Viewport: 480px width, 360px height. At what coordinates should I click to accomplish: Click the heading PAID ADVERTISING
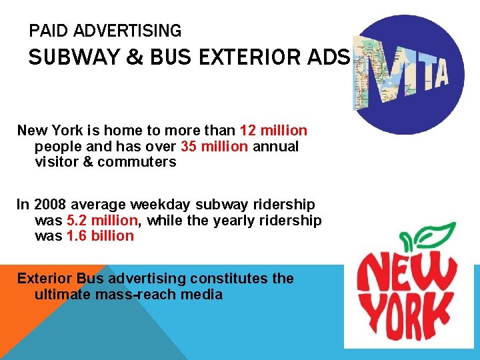pyautogui.click(x=105, y=31)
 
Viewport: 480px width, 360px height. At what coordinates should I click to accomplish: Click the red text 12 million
pyautogui.click(x=274, y=131)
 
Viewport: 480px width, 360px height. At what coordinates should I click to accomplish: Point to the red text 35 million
pyautogui.click(x=214, y=147)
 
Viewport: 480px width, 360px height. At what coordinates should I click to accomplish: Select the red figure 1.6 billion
pyautogui.click(x=101, y=236)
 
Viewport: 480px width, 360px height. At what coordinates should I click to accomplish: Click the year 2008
pyautogui.click(x=49, y=205)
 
